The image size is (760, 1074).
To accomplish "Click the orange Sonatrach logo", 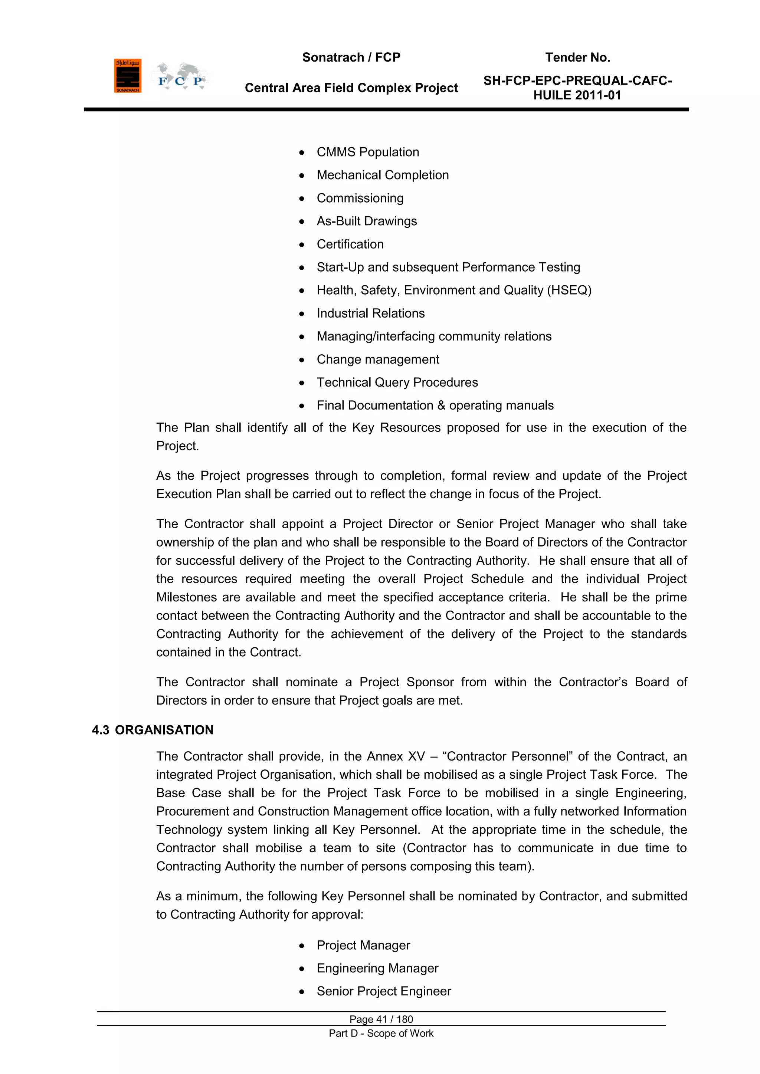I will (127, 76).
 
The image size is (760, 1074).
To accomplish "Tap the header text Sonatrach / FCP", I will (351, 58).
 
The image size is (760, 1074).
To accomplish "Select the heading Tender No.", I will (577, 58).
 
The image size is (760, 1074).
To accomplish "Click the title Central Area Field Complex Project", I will (351, 88).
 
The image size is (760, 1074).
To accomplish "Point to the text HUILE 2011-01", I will (577, 95).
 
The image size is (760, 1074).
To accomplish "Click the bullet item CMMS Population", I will (367, 152).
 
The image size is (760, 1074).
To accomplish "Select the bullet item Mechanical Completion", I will (382, 175).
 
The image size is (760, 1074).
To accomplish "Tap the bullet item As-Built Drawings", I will (366, 221).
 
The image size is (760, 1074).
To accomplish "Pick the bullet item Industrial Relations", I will (370, 313).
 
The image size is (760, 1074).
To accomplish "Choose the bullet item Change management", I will (378, 359).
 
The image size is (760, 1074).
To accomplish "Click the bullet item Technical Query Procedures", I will (397, 382).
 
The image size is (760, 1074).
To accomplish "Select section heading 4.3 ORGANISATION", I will (153, 730).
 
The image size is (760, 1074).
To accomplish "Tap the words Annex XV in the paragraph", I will (396, 756).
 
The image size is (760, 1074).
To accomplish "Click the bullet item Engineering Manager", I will (377, 968).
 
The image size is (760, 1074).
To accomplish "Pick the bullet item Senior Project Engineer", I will (383, 991).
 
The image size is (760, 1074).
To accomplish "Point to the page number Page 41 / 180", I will (381, 1019).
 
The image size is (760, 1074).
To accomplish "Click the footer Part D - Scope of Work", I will (381, 1033).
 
